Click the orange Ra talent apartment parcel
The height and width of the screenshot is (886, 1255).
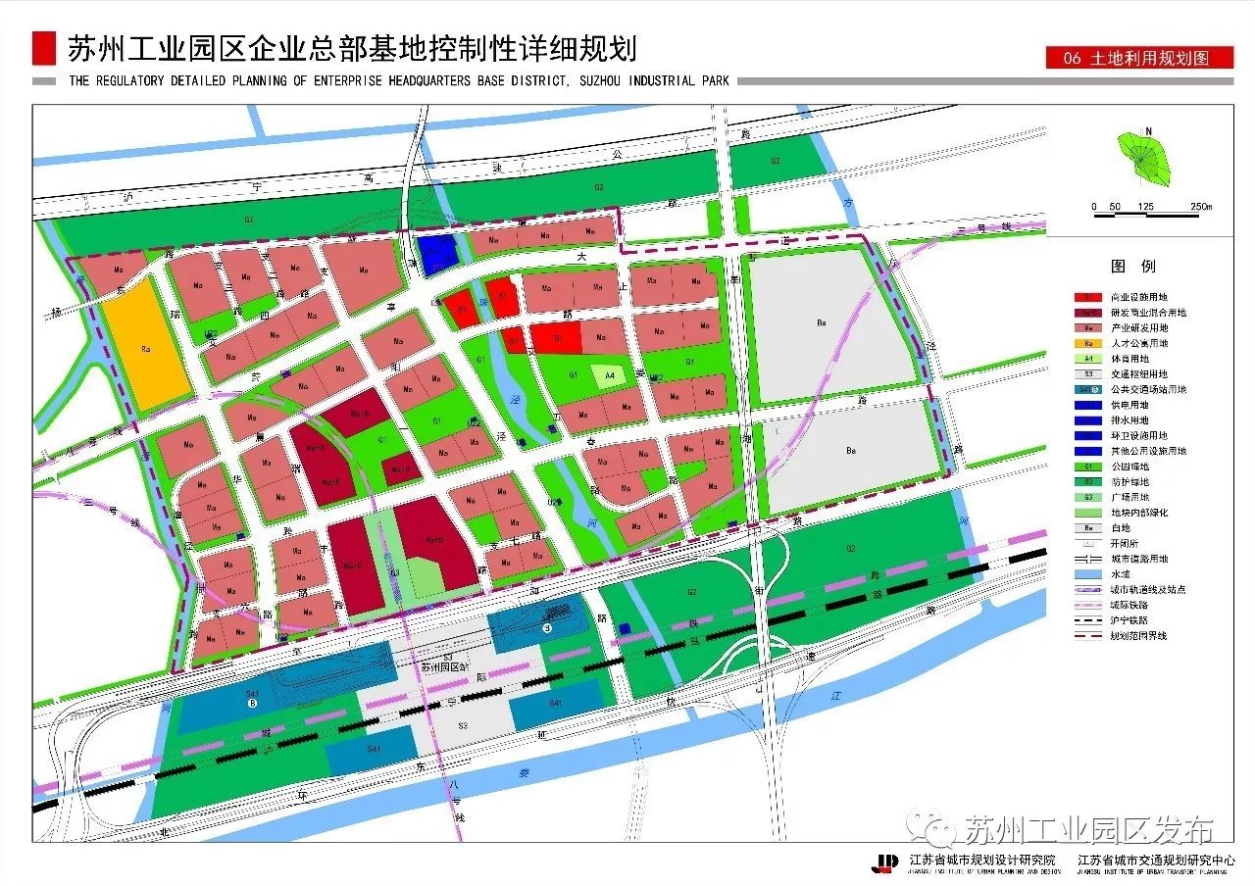pos(146,347)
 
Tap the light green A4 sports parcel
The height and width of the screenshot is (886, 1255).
pos(609,374)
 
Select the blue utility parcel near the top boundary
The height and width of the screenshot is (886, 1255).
pos(434,251)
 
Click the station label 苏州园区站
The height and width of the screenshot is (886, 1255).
pos(447,668)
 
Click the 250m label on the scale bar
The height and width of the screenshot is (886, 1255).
pos(1200,207)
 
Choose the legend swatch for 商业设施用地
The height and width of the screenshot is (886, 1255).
pos(1088,297)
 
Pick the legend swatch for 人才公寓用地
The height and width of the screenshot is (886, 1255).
pos(1088,343)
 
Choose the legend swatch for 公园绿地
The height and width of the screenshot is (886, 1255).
pos(1088,467)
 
